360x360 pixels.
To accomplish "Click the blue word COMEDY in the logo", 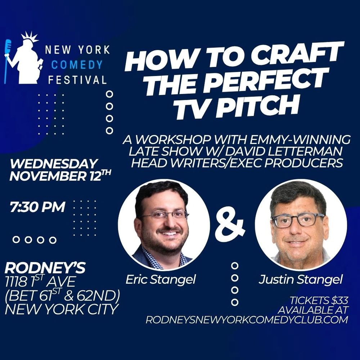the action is click(77, 65).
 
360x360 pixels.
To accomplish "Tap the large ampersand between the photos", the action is click(230, 225).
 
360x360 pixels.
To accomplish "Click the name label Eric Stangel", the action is click(160, 280).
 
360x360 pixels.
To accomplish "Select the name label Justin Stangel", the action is click(301, 280).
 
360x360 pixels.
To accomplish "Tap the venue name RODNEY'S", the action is click(45, 268).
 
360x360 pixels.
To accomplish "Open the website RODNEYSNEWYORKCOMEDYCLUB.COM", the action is click(247, 320).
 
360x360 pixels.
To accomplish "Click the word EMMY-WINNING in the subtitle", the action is click(298, 139).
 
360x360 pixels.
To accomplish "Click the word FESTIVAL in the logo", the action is click(77, 80).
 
